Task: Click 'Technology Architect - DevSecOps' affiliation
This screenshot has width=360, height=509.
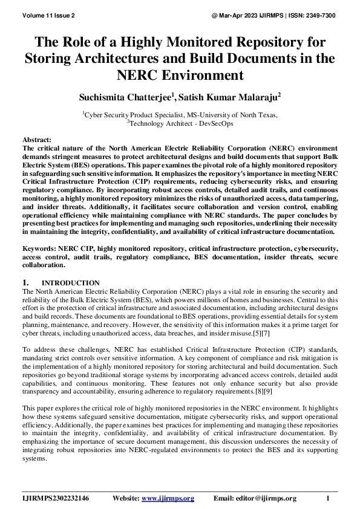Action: [182, 123]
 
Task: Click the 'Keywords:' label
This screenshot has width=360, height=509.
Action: [41, 248]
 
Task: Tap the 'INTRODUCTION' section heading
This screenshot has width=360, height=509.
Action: [70, 283]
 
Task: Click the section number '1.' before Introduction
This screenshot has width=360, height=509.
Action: [26, 282]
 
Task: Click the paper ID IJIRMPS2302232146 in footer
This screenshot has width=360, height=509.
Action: [56, 498]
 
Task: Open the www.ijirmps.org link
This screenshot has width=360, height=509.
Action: [168, 498]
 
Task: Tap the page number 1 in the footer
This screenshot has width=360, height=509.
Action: [327, 498]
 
